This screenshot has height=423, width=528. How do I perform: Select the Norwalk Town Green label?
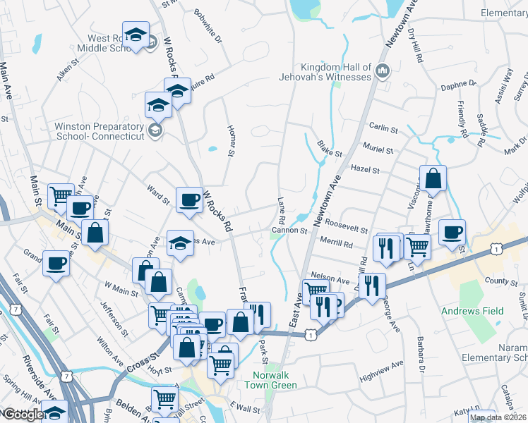tap(271, 381)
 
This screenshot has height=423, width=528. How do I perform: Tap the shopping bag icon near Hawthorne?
tap(433, 180)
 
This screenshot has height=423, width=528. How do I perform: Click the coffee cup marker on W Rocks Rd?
tap(188, 200)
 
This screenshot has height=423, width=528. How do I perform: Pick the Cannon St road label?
tap(290, 231)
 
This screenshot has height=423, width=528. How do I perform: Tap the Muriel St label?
tap(378, 150)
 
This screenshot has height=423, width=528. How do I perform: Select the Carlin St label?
tap(384, 127)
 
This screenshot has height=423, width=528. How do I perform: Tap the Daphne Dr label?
tap(458, 85)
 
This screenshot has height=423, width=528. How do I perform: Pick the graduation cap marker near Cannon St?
tap(179, 243)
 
